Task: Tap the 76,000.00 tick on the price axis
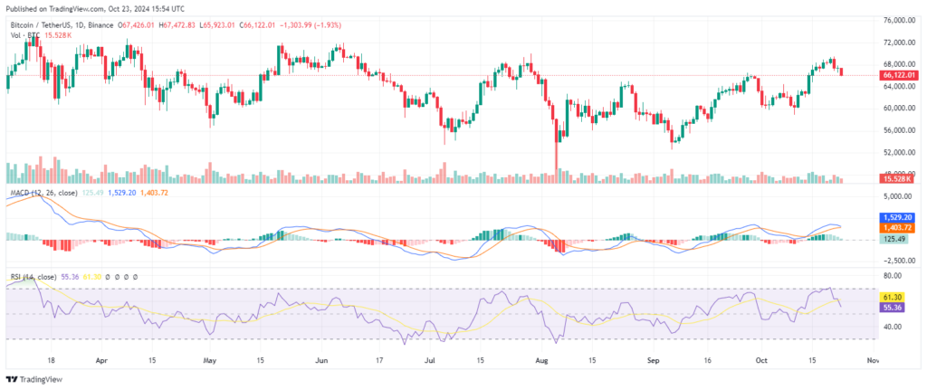tap(898, 19)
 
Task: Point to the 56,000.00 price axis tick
tap(898, 130)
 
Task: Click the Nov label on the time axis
tap(872, 359)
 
